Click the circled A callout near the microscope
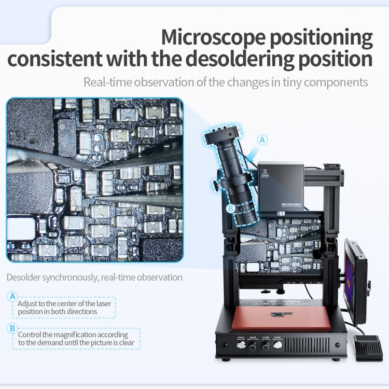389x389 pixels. tap(263, 140)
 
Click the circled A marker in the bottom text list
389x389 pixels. tap(13, 296)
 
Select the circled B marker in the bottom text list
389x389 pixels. tap(13, 328)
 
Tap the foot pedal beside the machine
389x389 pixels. tap(367, 346)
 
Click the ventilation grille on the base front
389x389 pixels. tap(314, 345)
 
